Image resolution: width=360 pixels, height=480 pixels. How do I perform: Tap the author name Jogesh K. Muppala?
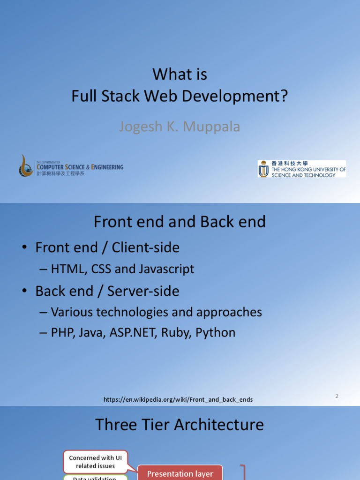click(180, 127)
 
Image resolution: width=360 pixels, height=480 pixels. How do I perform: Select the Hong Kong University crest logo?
click(263, 169)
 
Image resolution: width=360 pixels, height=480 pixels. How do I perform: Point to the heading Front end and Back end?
click(180, 222)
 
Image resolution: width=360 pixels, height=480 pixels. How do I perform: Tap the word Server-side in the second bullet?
click(143, 291)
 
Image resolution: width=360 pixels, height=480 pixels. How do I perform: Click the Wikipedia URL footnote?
click(178, 399)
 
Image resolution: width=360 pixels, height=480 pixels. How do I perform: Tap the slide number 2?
click(337, 396)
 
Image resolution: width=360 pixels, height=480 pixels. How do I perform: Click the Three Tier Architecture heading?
click(180, 425)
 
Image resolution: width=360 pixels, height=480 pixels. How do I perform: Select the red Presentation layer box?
click(180, 473)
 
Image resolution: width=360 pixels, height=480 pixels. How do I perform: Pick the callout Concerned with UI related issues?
click(95, 462)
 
